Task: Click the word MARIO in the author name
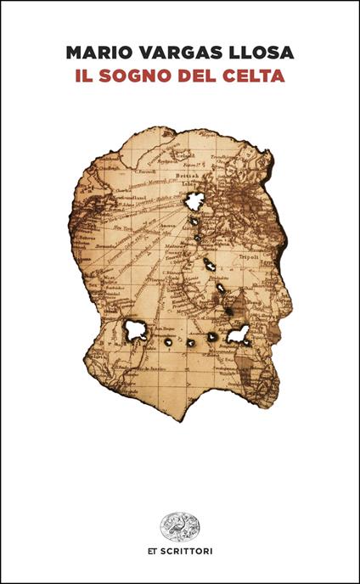[95, 53]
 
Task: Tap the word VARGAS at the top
[172, 53]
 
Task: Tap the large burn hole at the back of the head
[134, 329]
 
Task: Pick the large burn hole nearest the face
[239, 334]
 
